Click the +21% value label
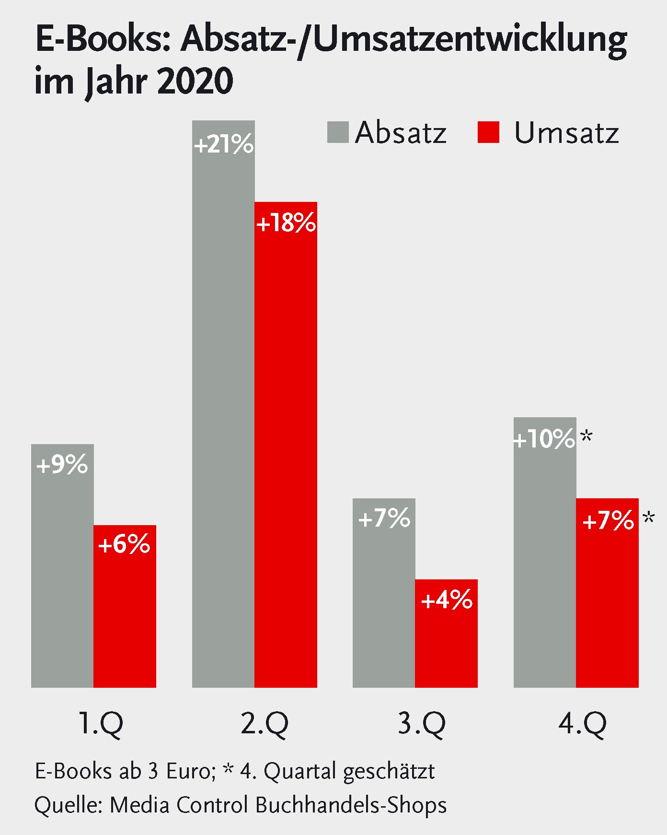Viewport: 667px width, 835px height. pos(223,144)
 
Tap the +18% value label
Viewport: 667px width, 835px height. pos(286,223)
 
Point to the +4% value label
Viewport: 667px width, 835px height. pos(447,600)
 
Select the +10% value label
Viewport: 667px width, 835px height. pos(544,439)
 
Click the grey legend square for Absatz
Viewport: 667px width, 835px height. pos(338,132)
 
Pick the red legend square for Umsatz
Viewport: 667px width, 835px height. pos(488,132)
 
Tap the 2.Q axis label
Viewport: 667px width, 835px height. pos(264,723)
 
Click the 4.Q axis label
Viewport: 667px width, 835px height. pos(582,723)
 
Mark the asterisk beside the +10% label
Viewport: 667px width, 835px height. pos(586,436)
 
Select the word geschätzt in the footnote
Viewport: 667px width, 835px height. pos(389,772)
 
